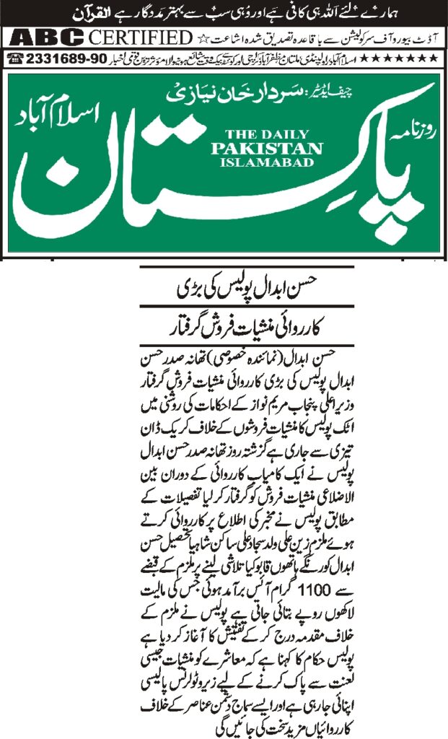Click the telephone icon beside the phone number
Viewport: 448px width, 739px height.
pos(13,55)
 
